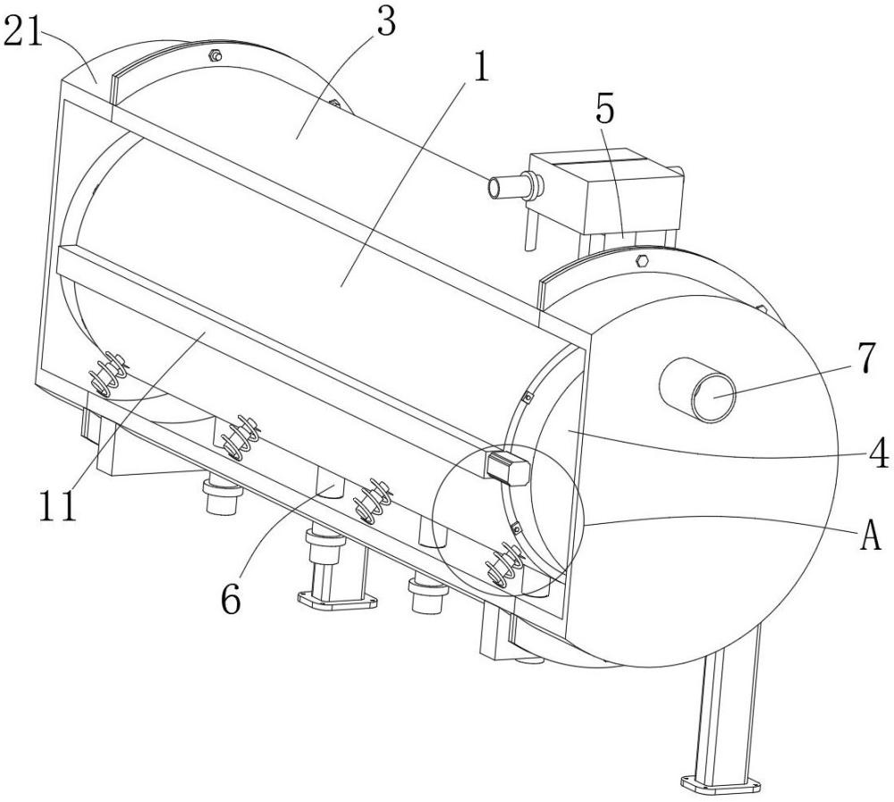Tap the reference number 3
385,25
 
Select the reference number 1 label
480,71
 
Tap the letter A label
869,536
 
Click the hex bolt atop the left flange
215,56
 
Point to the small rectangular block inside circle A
504,466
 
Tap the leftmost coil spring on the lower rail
107,374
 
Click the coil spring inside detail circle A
503,569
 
